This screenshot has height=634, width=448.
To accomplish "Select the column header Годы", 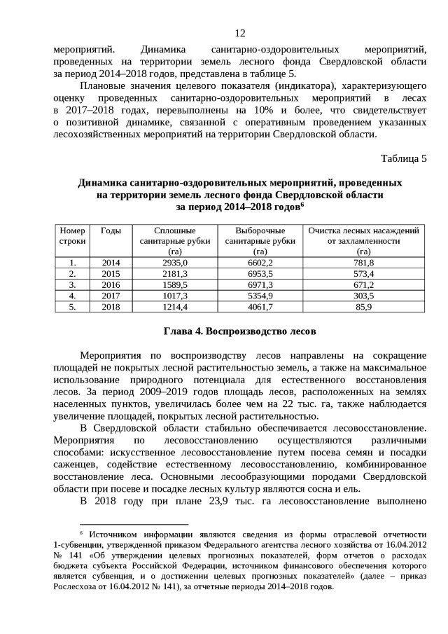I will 111,230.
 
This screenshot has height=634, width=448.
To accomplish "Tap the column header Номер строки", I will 73,235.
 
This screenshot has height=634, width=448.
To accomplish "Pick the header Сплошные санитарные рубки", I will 164,240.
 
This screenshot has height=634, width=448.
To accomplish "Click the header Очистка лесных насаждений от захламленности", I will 363,240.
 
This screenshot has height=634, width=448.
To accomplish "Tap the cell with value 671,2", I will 363,285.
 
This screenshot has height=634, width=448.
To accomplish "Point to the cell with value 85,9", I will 363,308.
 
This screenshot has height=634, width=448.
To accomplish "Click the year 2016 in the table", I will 111,285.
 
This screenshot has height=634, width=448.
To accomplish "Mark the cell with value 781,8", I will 363,263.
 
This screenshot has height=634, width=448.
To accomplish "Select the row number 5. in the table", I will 73,308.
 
